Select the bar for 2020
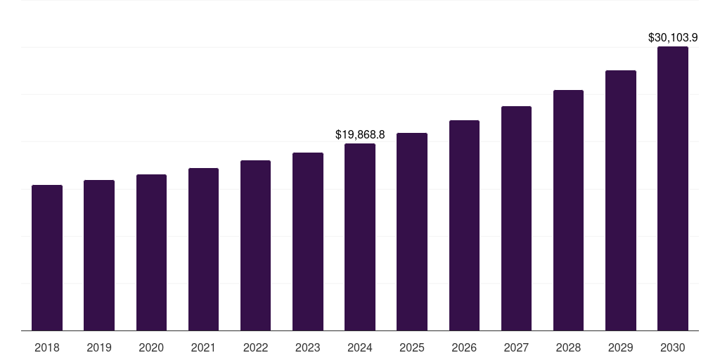click(x=151, y=252)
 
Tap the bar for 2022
click(x=255, y=245)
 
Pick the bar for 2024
click(x=360, y=237)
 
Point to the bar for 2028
click(x=568, y=210)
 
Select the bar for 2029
click(x=621, y=200)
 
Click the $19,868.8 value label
click(x=360, y=134)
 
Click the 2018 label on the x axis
click(x=47, y=347)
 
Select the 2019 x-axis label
click(x=99, y=347)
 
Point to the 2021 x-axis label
click(x=203, y=347)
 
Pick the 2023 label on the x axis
click(x=308, y=347)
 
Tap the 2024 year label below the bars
click(x=360, y=347)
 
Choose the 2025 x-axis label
click(x=412, y=347)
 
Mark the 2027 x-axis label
click(x=516, y=347)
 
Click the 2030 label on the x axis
click(x=673, y=347)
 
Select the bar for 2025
click(x=412, y=231)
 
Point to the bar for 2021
click(x=203, y=249)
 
